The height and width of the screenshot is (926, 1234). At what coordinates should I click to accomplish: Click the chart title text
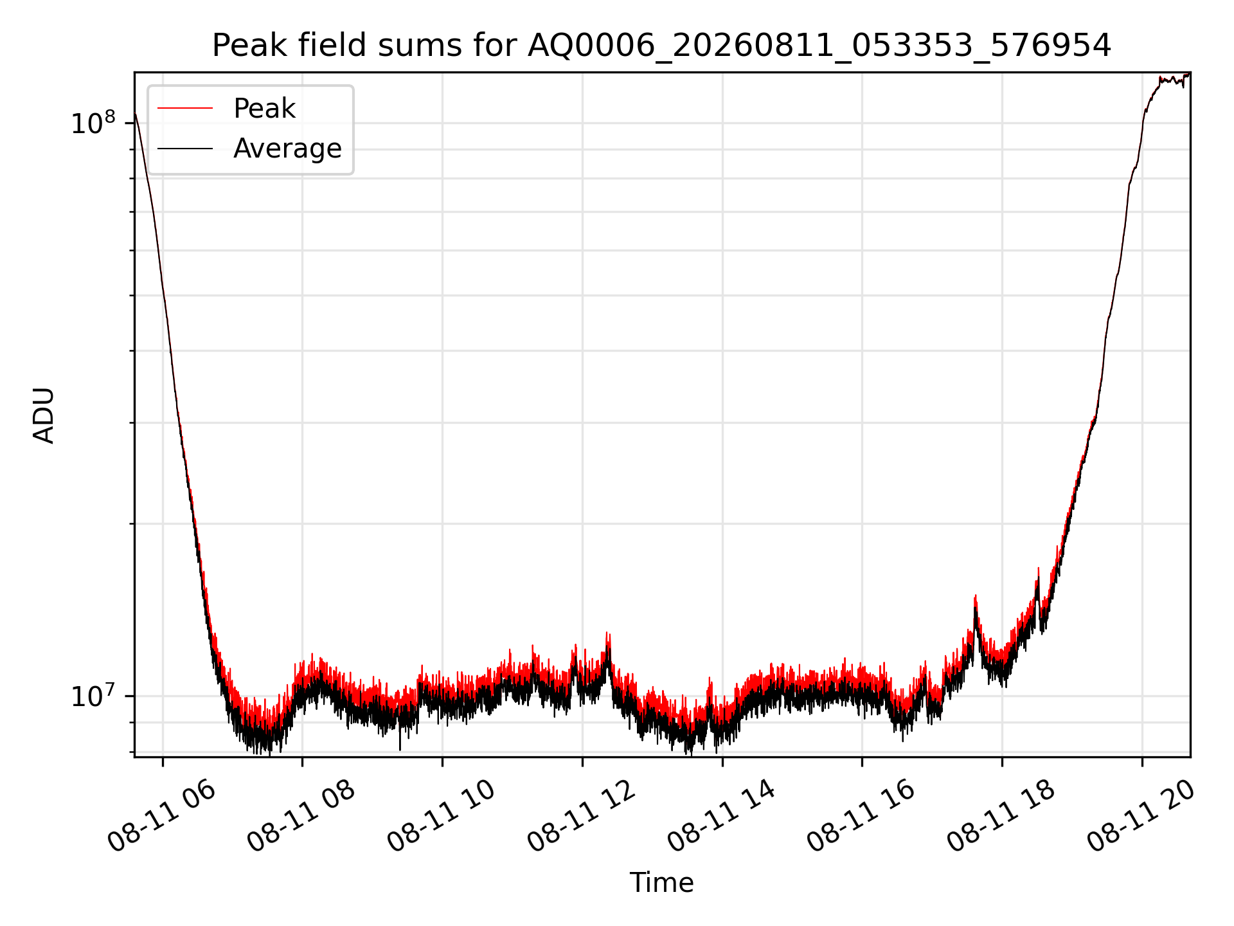pos(661,46)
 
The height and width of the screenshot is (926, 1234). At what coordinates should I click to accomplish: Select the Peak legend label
pos(264,109)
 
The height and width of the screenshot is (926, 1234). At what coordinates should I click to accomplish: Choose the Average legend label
pos(287,149)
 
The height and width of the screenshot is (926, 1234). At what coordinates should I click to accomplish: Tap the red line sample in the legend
pos(185,109)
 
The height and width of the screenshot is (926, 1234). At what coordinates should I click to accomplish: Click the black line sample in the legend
pos(185,149)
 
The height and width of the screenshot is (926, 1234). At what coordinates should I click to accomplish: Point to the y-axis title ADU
pos(44,415)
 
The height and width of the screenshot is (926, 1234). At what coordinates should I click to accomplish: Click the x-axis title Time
pos(661,883)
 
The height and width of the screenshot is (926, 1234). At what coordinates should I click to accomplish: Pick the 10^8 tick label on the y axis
pos(93,122)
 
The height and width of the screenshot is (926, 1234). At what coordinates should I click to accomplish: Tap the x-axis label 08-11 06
pos(162,815)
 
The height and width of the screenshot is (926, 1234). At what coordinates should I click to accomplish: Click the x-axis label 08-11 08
pos(302,815)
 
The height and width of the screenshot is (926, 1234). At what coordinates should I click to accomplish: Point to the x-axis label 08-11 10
pos(442,815)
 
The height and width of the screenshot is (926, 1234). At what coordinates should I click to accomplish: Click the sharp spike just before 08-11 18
pos(975,597)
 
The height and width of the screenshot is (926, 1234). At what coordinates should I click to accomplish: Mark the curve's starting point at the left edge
pos(135,114)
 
